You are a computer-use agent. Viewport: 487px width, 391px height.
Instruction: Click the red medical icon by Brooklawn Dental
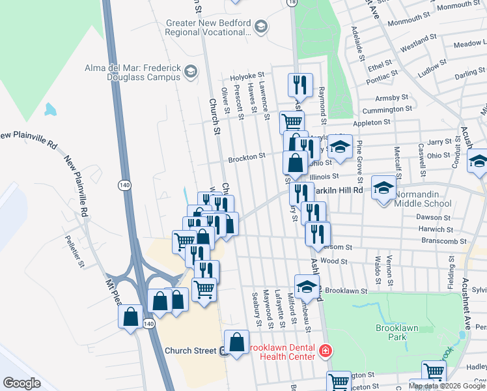[x=325, y=352]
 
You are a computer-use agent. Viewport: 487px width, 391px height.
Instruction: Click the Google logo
[x=21, y=383]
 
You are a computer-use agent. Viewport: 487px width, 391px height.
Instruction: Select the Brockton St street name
[x=246, y=157]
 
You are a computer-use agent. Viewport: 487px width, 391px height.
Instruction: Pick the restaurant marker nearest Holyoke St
[x=300, y=85]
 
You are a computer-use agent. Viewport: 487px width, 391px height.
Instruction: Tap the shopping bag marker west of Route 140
[x=131, y=317]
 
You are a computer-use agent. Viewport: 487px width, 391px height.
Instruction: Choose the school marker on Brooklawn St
[x=307, y=286]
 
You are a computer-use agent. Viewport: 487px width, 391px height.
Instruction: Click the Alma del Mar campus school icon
[x=191, y=71]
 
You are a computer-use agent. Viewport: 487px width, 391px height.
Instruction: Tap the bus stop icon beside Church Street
[x=223, y=351]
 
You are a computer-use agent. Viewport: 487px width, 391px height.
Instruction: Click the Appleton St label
[x=371, y=122]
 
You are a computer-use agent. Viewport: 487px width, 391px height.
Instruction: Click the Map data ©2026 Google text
[x=447, y=386]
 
